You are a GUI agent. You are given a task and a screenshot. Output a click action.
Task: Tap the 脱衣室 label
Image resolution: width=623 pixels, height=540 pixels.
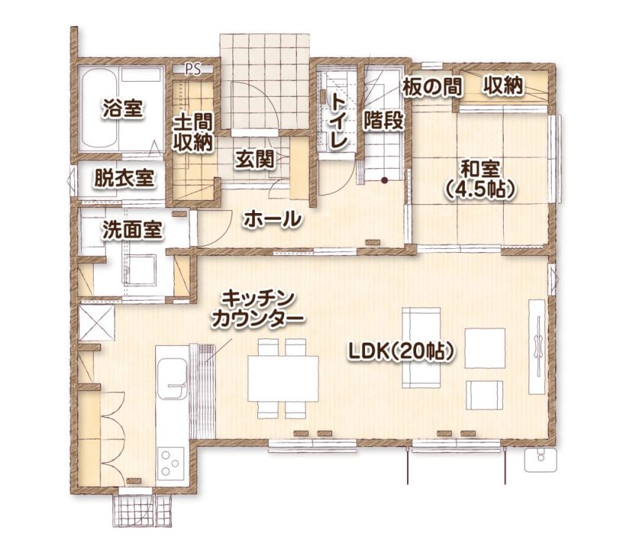coord(124,178)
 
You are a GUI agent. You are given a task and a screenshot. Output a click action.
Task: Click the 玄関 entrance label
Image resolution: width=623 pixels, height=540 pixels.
coord(253,158)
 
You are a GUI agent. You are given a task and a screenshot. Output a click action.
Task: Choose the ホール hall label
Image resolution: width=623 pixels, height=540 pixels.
coord(272,220)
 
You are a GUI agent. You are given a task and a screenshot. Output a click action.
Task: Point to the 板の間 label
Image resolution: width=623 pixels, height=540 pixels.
coord(432,86)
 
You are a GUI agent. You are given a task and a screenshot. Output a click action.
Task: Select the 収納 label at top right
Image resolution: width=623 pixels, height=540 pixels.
coord(502,86)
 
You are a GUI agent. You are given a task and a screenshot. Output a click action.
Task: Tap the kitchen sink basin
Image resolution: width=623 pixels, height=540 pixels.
coord(171,380)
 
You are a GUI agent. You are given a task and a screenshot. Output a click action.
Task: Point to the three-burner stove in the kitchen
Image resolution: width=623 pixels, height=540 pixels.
coord(170,461)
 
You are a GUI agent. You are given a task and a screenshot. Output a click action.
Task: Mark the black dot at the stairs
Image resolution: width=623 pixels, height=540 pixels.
coord(384,180)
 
